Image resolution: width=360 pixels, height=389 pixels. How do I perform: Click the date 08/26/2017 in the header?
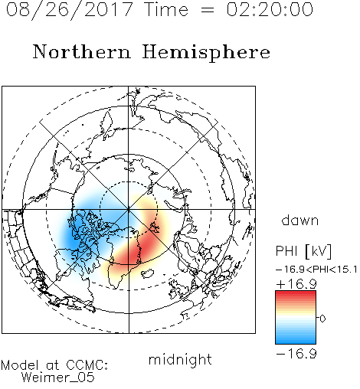(69, 9)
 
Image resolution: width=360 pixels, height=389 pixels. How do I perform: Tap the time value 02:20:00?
(270, 9)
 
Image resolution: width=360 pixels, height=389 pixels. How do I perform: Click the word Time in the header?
(166, 9)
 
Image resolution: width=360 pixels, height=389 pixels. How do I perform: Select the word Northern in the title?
(82, 51)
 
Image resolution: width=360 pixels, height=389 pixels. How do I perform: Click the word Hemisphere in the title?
(206, 53)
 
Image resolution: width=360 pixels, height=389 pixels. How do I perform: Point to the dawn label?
(300, 220)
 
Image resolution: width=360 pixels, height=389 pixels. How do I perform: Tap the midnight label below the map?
(180, 359)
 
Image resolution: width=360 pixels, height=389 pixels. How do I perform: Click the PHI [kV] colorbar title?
(304, 251)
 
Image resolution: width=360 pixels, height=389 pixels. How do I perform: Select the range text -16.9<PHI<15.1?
(316, 270)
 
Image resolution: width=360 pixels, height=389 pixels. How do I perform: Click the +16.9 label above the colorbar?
(296, 284)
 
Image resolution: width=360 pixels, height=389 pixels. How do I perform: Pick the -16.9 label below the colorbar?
(296, 354)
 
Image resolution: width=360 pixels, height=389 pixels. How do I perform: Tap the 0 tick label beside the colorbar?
(322, 319)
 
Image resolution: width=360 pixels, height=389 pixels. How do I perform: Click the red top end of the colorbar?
(296, 293)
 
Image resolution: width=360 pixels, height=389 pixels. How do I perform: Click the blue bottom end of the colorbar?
(296, 342)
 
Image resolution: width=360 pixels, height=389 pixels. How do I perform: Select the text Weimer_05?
(58, 377)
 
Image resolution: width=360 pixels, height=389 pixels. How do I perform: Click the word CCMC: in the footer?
(87, 365)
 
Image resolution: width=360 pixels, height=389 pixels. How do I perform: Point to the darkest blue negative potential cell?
(74, 235)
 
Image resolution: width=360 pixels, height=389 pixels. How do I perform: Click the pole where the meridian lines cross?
(129, 210)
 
